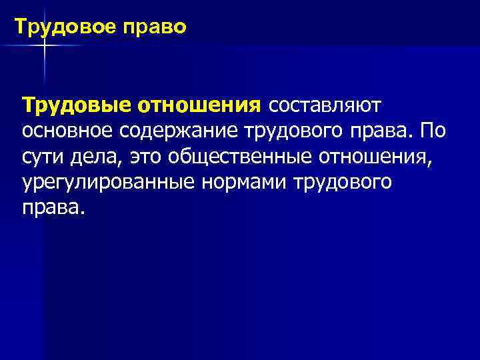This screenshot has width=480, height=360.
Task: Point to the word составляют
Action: [x=324, y=105]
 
